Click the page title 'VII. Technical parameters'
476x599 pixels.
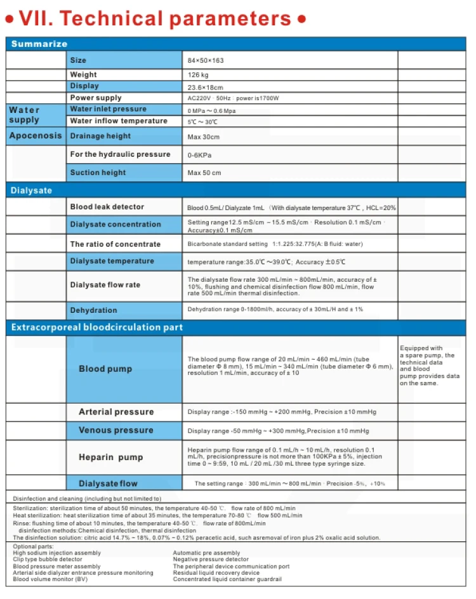156,18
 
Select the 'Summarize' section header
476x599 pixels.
39,44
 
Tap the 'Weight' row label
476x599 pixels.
84,74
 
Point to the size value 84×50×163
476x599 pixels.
206,60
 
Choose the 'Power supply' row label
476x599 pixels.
96,98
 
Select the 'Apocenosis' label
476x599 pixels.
36,135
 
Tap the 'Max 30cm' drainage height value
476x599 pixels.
204,136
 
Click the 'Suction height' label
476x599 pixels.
98,173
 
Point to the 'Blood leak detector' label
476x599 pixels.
107,207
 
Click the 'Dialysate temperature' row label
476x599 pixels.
112,261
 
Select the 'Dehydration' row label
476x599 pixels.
93,310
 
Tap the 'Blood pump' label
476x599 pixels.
105,369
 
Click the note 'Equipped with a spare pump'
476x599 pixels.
426,365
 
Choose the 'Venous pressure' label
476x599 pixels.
116,430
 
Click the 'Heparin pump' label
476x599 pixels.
110,457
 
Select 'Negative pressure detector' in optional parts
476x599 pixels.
211,560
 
